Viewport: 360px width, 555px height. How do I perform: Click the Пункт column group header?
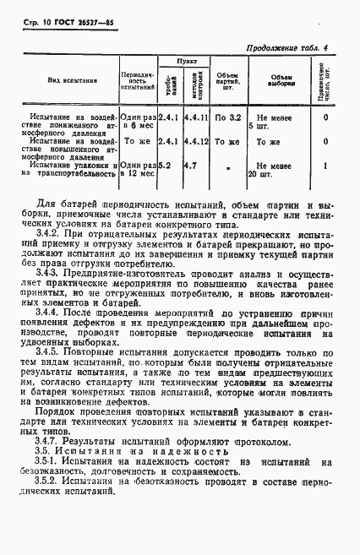pyautogui.click(x=179, y=62)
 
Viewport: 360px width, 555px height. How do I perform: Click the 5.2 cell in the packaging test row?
pyautogui.click(x=166, y=166)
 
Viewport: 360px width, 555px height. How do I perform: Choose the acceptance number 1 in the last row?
pyautogui.click(x=325, y=166)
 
